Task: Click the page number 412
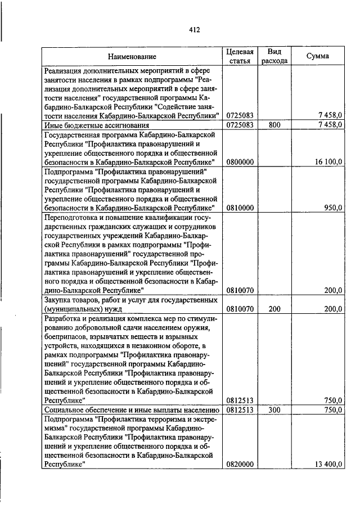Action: click(194, 30)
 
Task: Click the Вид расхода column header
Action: click(274, 56)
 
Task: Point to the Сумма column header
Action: click(318, 56)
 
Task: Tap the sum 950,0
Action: click(332, 208)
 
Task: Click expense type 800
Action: click(274, 125)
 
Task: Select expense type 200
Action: click(274, 309)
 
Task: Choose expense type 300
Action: click(274, 410)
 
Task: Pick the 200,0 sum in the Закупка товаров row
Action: click(332, 309)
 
